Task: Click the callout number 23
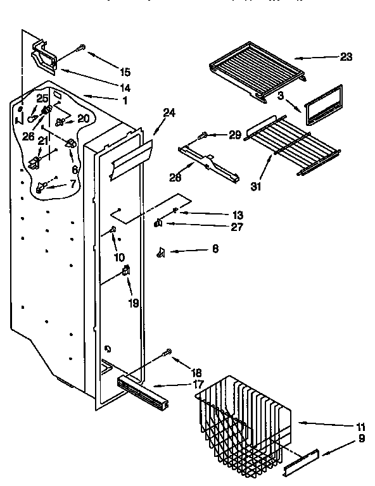tap(346, 56)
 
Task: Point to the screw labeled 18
tap(168, 351)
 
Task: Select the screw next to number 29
tap(204, 134)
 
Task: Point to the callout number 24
tap(169, 115)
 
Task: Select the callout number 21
tap(42, 140)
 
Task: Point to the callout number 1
tap(124, 101)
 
